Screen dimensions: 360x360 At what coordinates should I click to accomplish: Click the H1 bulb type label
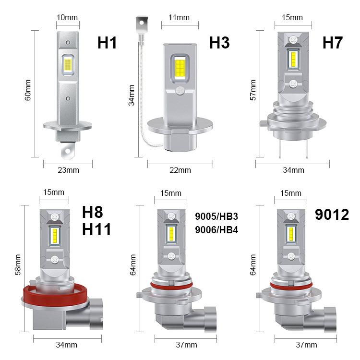click(108, 42)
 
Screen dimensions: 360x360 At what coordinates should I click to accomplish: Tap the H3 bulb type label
click(219, 42)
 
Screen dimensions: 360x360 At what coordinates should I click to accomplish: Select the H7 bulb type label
click(332, 42)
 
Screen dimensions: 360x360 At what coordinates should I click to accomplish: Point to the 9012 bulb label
click(332, 214)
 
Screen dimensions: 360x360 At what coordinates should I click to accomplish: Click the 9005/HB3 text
click(217, 217)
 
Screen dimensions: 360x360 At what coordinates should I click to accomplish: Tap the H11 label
click(97, 229)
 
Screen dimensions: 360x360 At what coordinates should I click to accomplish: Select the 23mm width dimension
click(68, 169)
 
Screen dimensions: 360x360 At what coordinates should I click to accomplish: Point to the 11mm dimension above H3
click(179, 18)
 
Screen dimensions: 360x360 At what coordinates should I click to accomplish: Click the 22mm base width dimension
click(180, 169)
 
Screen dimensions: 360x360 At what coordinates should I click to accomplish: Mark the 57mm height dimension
click(253, 90)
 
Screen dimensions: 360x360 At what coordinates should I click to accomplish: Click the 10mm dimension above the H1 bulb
click(67, 18)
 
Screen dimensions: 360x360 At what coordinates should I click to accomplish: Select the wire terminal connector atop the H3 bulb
click(141, 21)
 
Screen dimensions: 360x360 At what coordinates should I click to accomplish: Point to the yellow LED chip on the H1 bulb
click(67, 64)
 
